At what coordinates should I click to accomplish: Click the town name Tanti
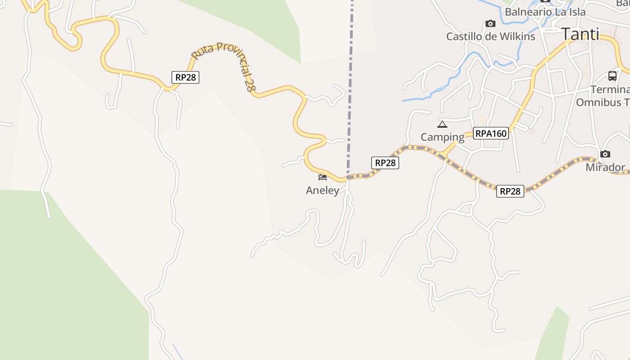[x=580, y=34]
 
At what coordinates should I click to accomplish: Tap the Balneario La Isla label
[x=545, y=12]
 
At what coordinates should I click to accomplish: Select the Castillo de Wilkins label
[x=490, y=36]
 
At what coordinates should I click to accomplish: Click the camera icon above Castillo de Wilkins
[x=490, y=23]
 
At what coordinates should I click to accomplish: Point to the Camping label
[x=442, y=137]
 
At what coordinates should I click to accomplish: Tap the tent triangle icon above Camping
[x=442, y=124]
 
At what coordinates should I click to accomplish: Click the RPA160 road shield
[x=490, y=133]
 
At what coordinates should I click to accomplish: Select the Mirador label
[x=605, y=167]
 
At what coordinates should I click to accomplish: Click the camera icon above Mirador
[x=605, y=154]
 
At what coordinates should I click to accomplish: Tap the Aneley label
[x=322, y=190]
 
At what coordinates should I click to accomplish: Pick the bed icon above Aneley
[x=322, y=177]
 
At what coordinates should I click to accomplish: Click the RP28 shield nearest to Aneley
[x=385, y=162]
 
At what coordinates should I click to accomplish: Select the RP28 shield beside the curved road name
[x=185, y=77]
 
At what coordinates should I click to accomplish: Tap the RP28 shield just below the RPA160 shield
[x=510, y=191]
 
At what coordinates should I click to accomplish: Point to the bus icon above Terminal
[x=612, y=76]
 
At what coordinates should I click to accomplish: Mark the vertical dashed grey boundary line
[x=350, y=90]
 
